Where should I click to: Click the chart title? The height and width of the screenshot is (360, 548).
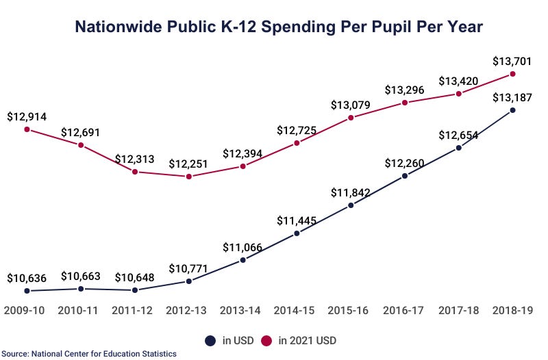278,27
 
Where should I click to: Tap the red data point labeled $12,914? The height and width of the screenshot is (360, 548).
27,129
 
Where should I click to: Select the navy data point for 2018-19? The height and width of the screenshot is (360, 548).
512,110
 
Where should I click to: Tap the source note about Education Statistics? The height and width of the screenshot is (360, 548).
89,354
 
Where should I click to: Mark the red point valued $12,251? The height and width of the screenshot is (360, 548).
189,177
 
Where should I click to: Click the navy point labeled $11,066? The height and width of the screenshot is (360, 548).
243,260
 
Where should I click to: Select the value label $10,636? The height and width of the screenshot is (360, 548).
27,278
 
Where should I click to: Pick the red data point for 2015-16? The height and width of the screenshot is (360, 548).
351,118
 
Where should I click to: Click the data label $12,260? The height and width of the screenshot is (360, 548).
405,163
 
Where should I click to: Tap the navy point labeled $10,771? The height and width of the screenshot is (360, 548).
189,281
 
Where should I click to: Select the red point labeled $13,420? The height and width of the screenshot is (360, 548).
458,94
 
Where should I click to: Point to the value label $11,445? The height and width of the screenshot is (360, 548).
297,220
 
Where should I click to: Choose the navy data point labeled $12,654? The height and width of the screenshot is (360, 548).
458,147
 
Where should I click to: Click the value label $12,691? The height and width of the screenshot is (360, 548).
81,132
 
